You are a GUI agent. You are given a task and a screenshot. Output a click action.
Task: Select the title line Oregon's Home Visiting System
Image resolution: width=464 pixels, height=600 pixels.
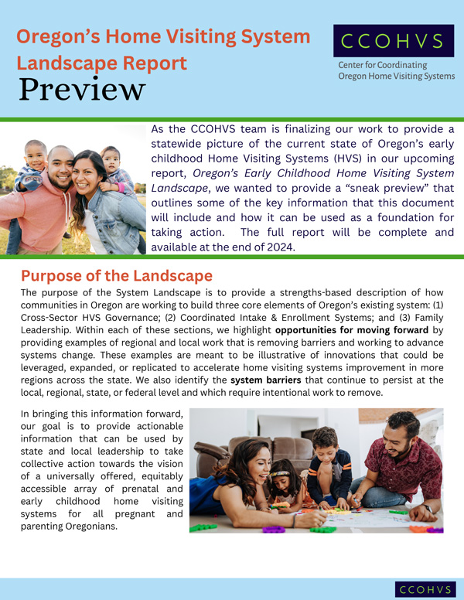164,36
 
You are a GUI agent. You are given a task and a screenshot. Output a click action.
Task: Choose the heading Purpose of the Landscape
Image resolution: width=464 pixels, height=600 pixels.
116,276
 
